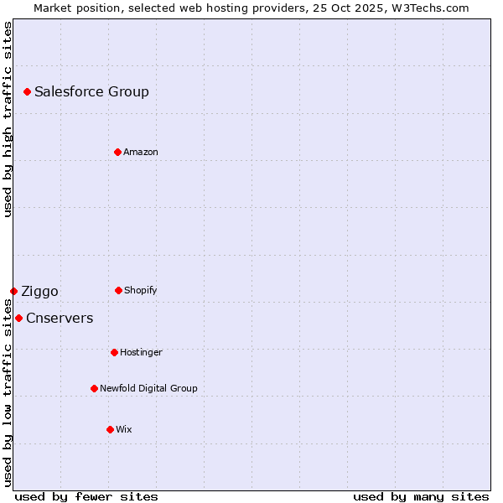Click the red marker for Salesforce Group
coord(27,91)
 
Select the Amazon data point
coord(117,152)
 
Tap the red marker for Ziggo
coord(13,291)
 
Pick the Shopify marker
coord(118,290)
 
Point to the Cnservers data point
coord(18,318)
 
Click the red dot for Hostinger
coord(114,352)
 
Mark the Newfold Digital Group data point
coord(94,388)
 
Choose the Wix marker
coord(110,429)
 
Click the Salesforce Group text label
coord(91,92)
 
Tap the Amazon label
coord(141,153)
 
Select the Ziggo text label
coord(39,292)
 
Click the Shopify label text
coord(141,291)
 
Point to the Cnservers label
coord(60,319)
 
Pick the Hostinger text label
coord(141,353)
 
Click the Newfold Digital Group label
coord(148,389)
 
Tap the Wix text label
coord(124,430)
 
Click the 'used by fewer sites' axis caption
coord(86,496)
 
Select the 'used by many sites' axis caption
coord(421,496)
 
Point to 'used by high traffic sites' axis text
coord(8,119)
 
